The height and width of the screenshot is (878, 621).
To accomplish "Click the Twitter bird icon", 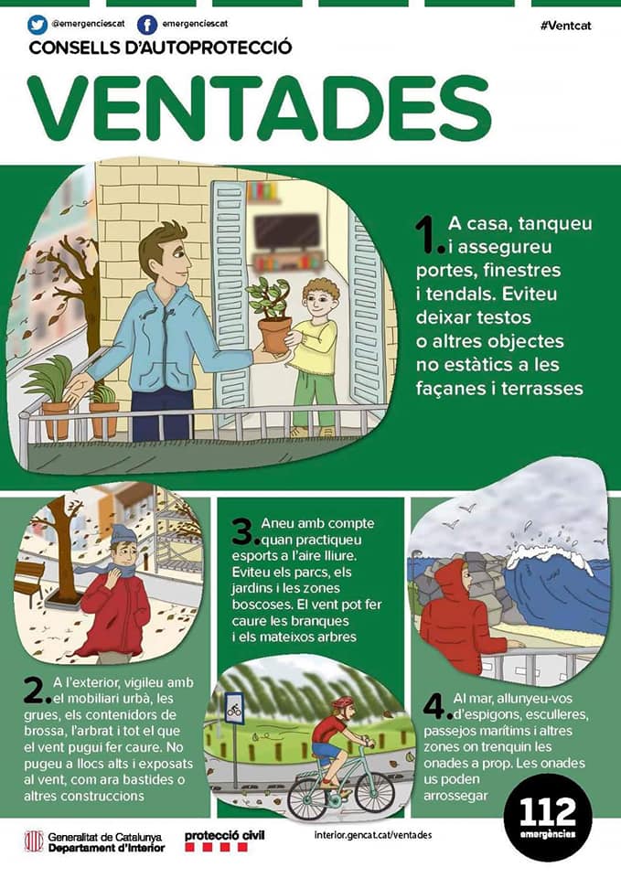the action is click(37, 26).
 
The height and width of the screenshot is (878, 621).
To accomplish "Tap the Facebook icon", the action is click(147, 26).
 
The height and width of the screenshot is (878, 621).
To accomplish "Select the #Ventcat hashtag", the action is click(565, 26).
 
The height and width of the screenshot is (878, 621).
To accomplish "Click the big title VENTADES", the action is click(259, 108).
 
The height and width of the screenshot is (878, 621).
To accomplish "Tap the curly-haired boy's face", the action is click(320, 303).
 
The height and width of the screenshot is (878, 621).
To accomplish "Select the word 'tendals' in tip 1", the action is click(459, 294).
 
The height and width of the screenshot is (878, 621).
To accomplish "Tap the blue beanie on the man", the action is click(123, 535).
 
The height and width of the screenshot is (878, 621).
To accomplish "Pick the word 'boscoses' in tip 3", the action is click(259, 605).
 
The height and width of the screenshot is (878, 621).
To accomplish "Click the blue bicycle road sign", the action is click(233, 707).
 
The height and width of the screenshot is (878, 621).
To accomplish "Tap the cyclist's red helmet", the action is click(343, 702).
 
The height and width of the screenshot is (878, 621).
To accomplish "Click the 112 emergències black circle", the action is click(548, 818).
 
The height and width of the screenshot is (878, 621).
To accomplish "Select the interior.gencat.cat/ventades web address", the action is click(373, 835).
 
